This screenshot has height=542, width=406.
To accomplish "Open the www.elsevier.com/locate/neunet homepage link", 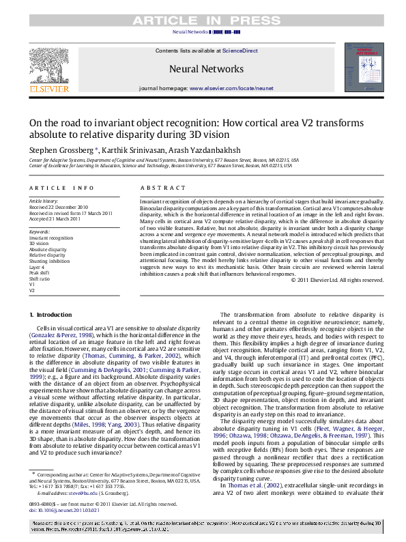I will pyautogui.click(x=231, y=89).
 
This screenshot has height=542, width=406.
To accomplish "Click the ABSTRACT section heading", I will pyautogui.click(x=162, y=187).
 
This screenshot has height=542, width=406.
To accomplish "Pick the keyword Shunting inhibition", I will pyautogui.click(x=48, y=260).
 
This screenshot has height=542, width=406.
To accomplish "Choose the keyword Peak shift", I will pyautogui.click(x=40, y=272).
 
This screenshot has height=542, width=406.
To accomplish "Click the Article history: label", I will pyautogui.click(x=44, y=201).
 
